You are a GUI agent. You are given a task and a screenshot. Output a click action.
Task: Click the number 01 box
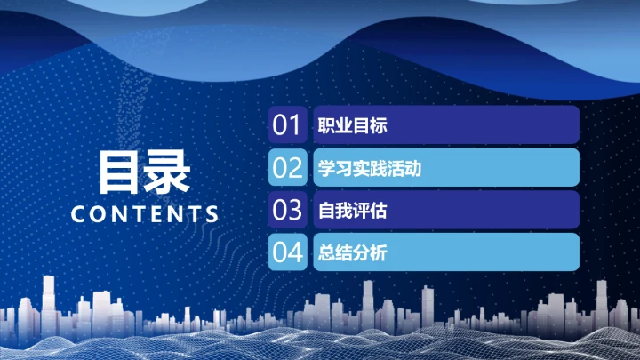[x=288, y=125]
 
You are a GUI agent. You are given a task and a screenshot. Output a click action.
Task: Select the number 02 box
[x=288, y=167]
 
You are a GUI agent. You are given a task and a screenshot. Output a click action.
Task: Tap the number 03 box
[x=288, y=210]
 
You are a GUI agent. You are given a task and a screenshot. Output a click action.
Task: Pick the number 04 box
[x=288, y=252]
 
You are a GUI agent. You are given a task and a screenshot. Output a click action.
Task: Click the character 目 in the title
[x=120, y=171]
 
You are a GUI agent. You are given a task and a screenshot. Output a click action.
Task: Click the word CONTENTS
[x=144, y=214]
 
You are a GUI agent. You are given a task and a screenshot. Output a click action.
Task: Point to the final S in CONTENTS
[x=211, y=214]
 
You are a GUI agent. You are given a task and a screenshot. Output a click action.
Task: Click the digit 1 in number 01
[x=296, y=125]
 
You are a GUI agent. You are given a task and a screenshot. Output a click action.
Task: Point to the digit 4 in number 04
[x=297, y=252]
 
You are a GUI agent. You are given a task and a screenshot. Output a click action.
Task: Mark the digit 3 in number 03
[x=297, y=210]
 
